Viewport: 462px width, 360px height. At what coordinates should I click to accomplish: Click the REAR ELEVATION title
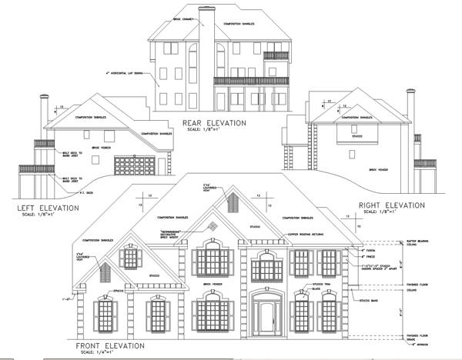(x=213, y=122)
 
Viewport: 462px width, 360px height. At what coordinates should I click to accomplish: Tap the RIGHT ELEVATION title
(x=391, y=205)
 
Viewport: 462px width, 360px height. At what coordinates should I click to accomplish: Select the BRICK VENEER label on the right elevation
(x=377, y=170)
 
